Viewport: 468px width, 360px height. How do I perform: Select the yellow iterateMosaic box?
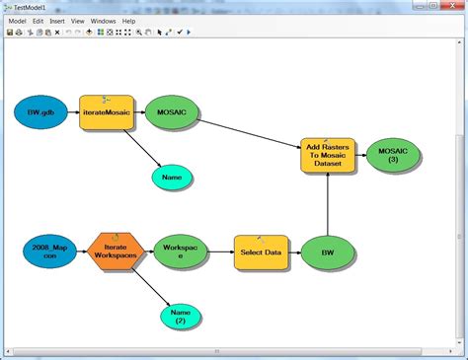(x=106, y=113)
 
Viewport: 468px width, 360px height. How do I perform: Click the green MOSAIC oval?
(x=171, y=113)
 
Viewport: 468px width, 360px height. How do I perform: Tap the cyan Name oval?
(x=173, y=177)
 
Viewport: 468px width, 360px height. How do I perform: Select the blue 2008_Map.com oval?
(x=48, y=252)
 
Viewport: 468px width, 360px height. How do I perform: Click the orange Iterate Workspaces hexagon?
(x=116, y=252)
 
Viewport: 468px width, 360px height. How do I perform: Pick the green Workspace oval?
(x=181, y=252)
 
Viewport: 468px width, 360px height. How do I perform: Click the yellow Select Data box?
(x=261, y=252)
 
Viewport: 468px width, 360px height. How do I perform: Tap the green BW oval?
(x=327, y=252)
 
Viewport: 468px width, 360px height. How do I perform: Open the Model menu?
(x=17, y=21)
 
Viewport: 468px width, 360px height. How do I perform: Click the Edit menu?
(x=38, y=21)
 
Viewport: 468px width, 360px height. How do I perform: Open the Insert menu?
(x=57, y=21)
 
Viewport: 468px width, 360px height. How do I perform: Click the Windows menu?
(x=103, y=21)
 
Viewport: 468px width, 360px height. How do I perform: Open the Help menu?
(x=128, y=21)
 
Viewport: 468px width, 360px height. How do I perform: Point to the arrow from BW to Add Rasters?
(x=327, y=207)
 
